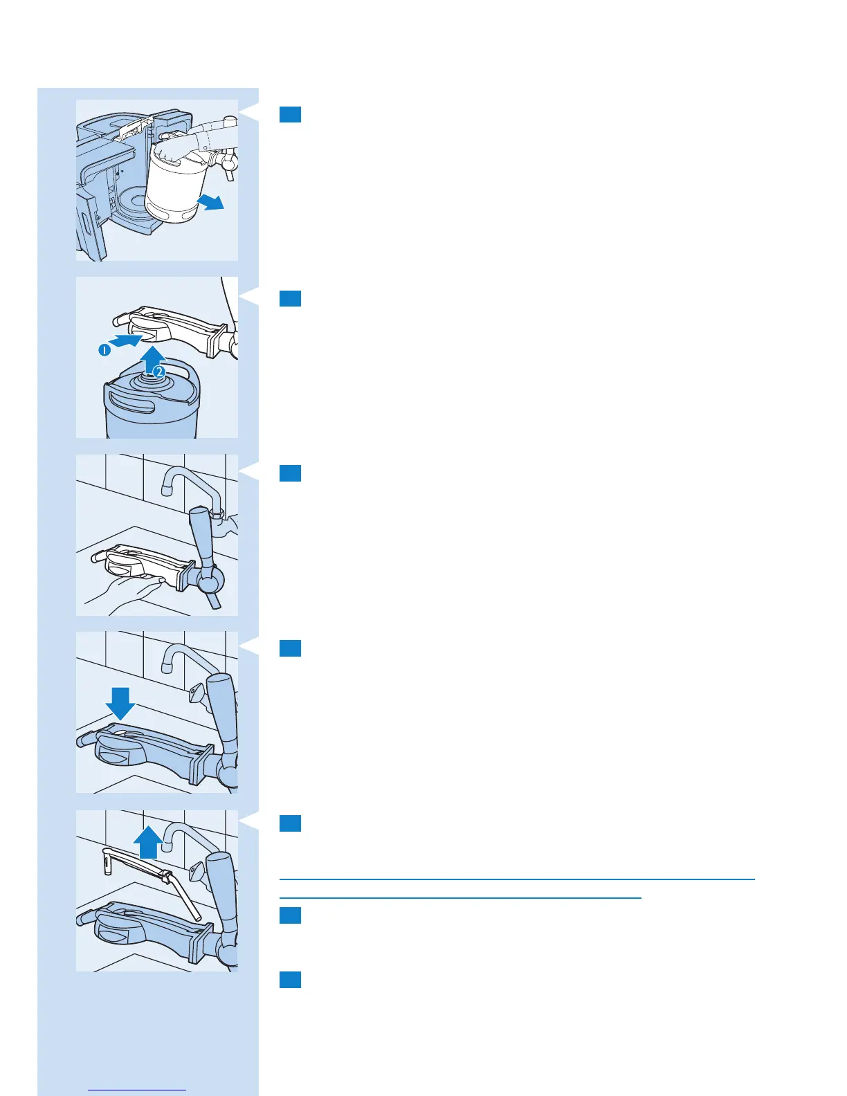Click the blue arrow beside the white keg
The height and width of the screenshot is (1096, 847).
[x=210, y=202]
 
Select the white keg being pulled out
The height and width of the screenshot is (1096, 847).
[x=174, y=190]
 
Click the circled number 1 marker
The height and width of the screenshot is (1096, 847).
[x=103, y=350]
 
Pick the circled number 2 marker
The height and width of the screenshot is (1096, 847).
[x=159, y=372]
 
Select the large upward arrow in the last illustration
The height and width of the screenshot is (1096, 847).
[x=149, y=843]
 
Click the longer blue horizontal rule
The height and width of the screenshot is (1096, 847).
[x=516, y=879]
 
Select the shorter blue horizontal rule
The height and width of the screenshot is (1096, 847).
[x=460, y=898]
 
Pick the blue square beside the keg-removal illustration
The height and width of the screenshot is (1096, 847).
[x=290, y=114]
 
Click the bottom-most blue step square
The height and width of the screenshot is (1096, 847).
[x=290, y=980]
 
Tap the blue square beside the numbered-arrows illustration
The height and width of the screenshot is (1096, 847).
[x=290, y=298]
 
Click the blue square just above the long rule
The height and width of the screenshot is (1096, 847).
[x=290, y=823]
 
